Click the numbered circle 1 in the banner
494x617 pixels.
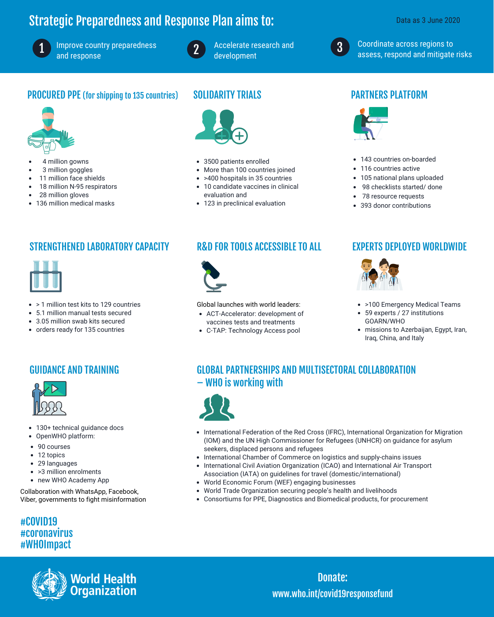[42, 48]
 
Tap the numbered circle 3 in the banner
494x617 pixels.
[340, 48]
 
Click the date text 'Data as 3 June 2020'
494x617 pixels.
[428, 20]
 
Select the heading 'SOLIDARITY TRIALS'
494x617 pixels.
[227, 95]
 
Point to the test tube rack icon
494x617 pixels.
[46, 276]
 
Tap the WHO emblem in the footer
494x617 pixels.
[49, 584]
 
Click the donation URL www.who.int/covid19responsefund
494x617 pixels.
[332, 594]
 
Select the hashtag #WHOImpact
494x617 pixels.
[46, 544]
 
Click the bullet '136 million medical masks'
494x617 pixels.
[75, 203]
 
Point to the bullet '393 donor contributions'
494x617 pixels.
[395, 206]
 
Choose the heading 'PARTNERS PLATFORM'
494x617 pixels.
[389, 95]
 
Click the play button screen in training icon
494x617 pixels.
[55, 389]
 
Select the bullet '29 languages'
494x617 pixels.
[57, 463]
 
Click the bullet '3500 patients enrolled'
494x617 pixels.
[236, 162]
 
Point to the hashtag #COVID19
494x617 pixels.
[39, 522]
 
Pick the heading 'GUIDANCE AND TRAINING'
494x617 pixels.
[74, 370]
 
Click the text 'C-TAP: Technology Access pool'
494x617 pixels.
[253, 331]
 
